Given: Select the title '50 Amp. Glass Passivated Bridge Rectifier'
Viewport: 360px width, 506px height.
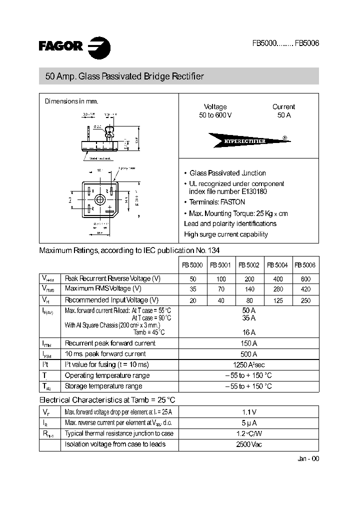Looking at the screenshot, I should point(125,77).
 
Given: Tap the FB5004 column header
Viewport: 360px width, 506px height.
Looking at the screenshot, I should point(277,266).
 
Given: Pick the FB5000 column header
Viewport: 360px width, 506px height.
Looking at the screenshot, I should point(192,266).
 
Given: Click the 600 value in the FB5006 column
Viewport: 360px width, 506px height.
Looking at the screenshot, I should point(305,279).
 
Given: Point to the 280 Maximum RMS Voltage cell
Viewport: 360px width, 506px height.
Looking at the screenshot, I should point(278,289).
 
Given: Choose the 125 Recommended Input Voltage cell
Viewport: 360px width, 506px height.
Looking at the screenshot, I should point(278,300).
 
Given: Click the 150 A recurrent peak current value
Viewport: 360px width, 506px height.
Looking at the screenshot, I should point(248,343).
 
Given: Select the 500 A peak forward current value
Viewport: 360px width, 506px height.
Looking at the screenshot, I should point(248,354).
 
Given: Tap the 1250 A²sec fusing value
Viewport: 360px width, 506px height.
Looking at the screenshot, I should point(248,365).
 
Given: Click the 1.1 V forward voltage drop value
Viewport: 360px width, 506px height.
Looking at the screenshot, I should point(248,412).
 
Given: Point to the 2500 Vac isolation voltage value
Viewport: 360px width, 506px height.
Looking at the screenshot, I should point(248,444).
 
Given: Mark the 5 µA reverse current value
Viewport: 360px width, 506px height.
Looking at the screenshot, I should point(248,423).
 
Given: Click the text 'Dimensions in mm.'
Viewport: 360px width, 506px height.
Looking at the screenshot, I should point(71,101).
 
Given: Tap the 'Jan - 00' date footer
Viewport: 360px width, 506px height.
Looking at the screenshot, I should point(307,459).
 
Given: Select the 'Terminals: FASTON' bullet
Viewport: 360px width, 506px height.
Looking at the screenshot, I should point(217,202).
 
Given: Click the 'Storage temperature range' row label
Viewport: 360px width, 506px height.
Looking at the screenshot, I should point(103,386).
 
